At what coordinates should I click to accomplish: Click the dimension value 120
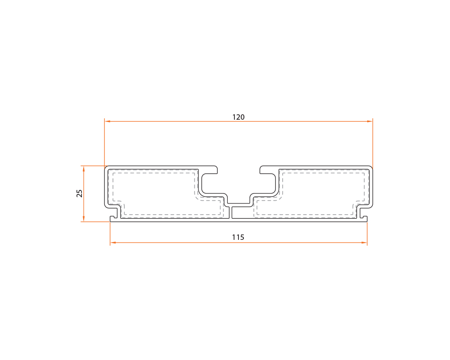(x=238, y=117)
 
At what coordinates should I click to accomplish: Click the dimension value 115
(x=238, y=237)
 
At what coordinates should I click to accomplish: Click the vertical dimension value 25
(x=80, y=193)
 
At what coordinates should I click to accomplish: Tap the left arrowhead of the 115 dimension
(x=113, y=243)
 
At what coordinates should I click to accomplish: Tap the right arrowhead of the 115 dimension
(x=364, y=243)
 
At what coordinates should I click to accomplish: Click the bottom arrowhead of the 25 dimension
(x=84, y=218)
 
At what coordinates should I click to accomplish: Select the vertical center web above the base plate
(x=231, y=211)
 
